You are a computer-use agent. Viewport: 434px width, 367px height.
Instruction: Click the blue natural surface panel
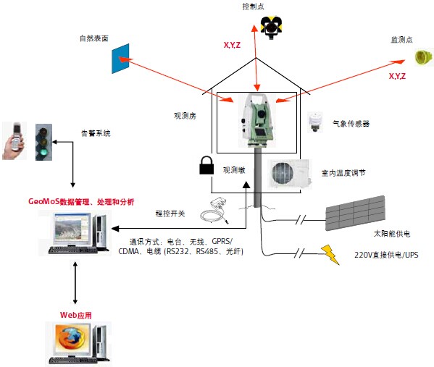point(120,59)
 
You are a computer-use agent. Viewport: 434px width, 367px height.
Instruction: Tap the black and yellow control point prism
point(271,27)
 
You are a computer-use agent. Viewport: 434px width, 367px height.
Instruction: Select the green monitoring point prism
point(423,57)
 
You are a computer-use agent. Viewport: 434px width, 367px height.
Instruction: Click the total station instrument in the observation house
point(257,120)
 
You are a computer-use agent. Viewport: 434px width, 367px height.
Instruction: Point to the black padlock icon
point(206,165)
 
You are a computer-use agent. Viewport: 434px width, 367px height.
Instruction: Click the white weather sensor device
point(315,122)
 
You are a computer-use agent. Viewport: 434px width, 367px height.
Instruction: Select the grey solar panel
point(355,213)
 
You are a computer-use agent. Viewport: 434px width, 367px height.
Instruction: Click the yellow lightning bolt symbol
point(330,255)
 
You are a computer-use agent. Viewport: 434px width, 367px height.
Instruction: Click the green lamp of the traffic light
point(43,153)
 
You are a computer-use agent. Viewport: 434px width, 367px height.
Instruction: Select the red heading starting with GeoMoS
point(81,202)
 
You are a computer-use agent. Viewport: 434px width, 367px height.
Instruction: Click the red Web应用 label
point(76,315)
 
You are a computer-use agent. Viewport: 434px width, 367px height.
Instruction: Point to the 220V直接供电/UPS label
point(386,255)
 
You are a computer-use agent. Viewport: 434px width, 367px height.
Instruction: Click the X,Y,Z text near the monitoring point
point(397,76)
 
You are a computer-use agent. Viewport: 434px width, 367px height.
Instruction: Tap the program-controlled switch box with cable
point(215,210)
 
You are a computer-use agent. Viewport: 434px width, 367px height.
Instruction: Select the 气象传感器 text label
point(351,123)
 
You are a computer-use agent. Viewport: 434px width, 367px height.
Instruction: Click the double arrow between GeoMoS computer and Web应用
point(75,282)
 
